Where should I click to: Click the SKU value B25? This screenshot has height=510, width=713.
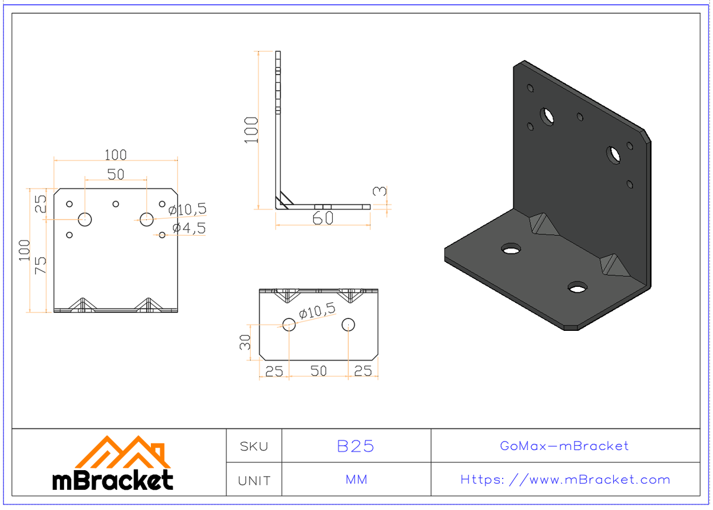point(356,446)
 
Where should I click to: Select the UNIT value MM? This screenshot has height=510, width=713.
point(356,480)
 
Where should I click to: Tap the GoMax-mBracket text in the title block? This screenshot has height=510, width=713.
point(564,446)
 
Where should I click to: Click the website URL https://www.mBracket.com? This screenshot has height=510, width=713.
point(565,480)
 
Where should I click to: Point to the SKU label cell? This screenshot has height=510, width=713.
point(254,446)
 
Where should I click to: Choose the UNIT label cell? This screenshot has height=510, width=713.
point(254,480)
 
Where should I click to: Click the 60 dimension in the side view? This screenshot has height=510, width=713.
point(323,218)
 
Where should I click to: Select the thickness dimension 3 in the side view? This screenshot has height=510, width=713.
point(380,192)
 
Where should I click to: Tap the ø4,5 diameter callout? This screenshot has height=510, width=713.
point(189,228)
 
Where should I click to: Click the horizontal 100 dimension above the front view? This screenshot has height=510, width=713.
point(116,155)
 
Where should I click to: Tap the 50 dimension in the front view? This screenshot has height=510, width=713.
point(116,174)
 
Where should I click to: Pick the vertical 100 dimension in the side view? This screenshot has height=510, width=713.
point(252,129)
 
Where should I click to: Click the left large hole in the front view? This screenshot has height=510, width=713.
point(85,219)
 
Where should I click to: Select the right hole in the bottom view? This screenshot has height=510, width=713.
point(348,324)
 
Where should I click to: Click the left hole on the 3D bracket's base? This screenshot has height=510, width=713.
point(510,249)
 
